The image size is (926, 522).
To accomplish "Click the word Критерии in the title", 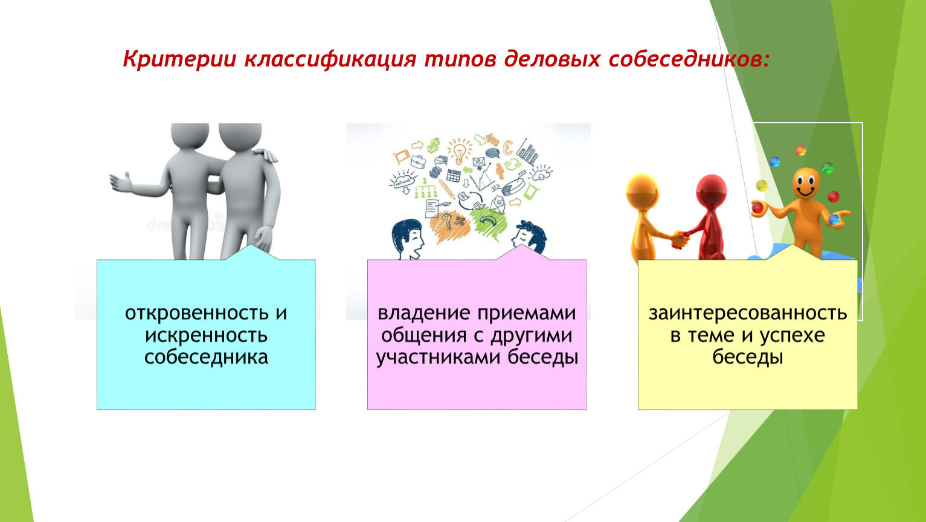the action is coord(179,59).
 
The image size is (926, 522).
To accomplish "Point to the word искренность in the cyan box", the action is coord(207,335).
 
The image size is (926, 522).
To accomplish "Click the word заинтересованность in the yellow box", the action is coord(748,313).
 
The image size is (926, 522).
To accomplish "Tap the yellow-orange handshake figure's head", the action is coord(642,190).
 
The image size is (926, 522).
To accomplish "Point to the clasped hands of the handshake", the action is coord(679,239).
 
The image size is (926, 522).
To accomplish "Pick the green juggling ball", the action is coord(828,168).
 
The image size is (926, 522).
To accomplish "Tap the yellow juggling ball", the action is coord(762,185).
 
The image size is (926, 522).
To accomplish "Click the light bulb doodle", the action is coord(459,150).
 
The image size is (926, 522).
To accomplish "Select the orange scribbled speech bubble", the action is coord(450,226).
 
